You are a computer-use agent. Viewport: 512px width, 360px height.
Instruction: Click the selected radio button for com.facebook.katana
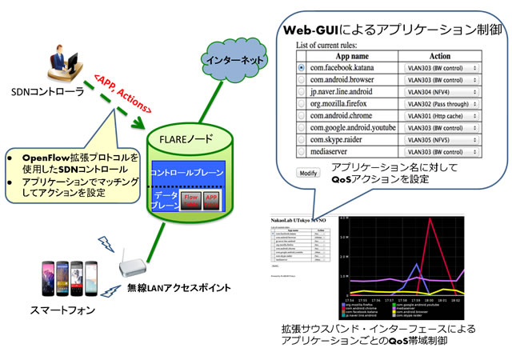click(301, 69)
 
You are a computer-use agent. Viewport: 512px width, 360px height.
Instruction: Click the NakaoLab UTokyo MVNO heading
click(294, 218)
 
